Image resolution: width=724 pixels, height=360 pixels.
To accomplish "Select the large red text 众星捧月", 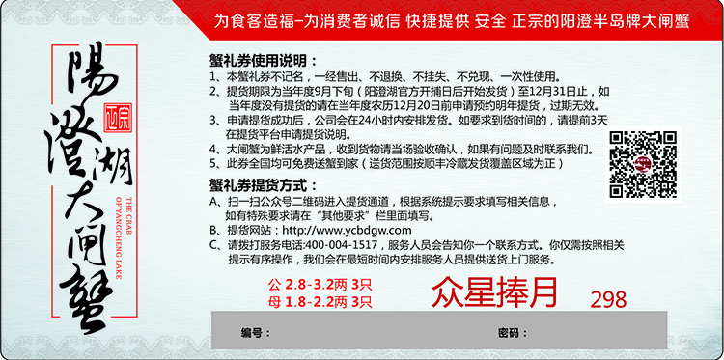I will pos(495,291).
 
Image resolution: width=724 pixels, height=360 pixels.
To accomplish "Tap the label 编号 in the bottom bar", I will pos(252,334).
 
